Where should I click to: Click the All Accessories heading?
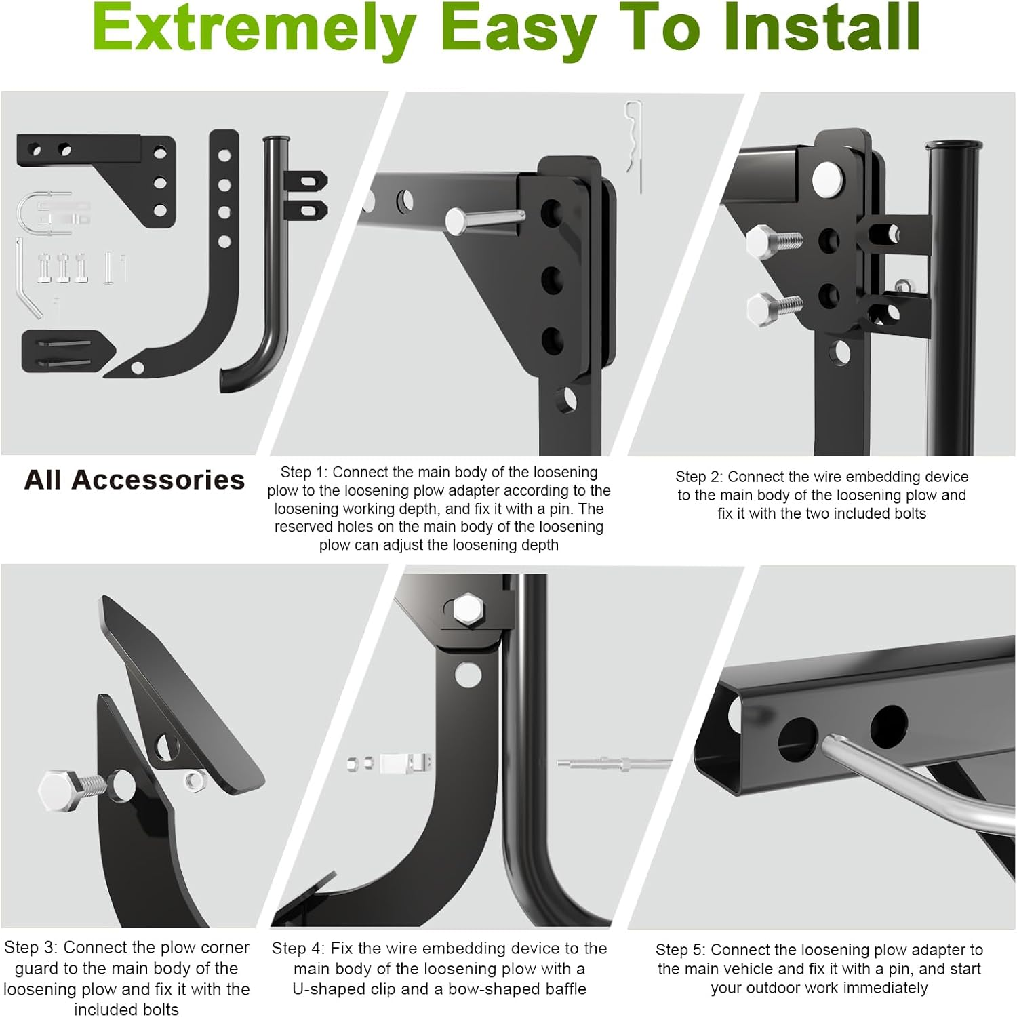(134, 480)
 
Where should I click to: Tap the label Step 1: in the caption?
(304, 473)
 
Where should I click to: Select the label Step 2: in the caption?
(699, 477)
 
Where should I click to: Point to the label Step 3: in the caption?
(31, 947)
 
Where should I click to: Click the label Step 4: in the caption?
(299, 948)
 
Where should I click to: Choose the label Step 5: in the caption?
(681, 950)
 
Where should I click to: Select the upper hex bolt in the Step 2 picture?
(765, 240)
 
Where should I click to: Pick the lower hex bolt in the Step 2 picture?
(765, 308)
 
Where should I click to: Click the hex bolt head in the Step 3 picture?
(60, 790)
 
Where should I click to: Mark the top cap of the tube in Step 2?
(953, 145)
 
